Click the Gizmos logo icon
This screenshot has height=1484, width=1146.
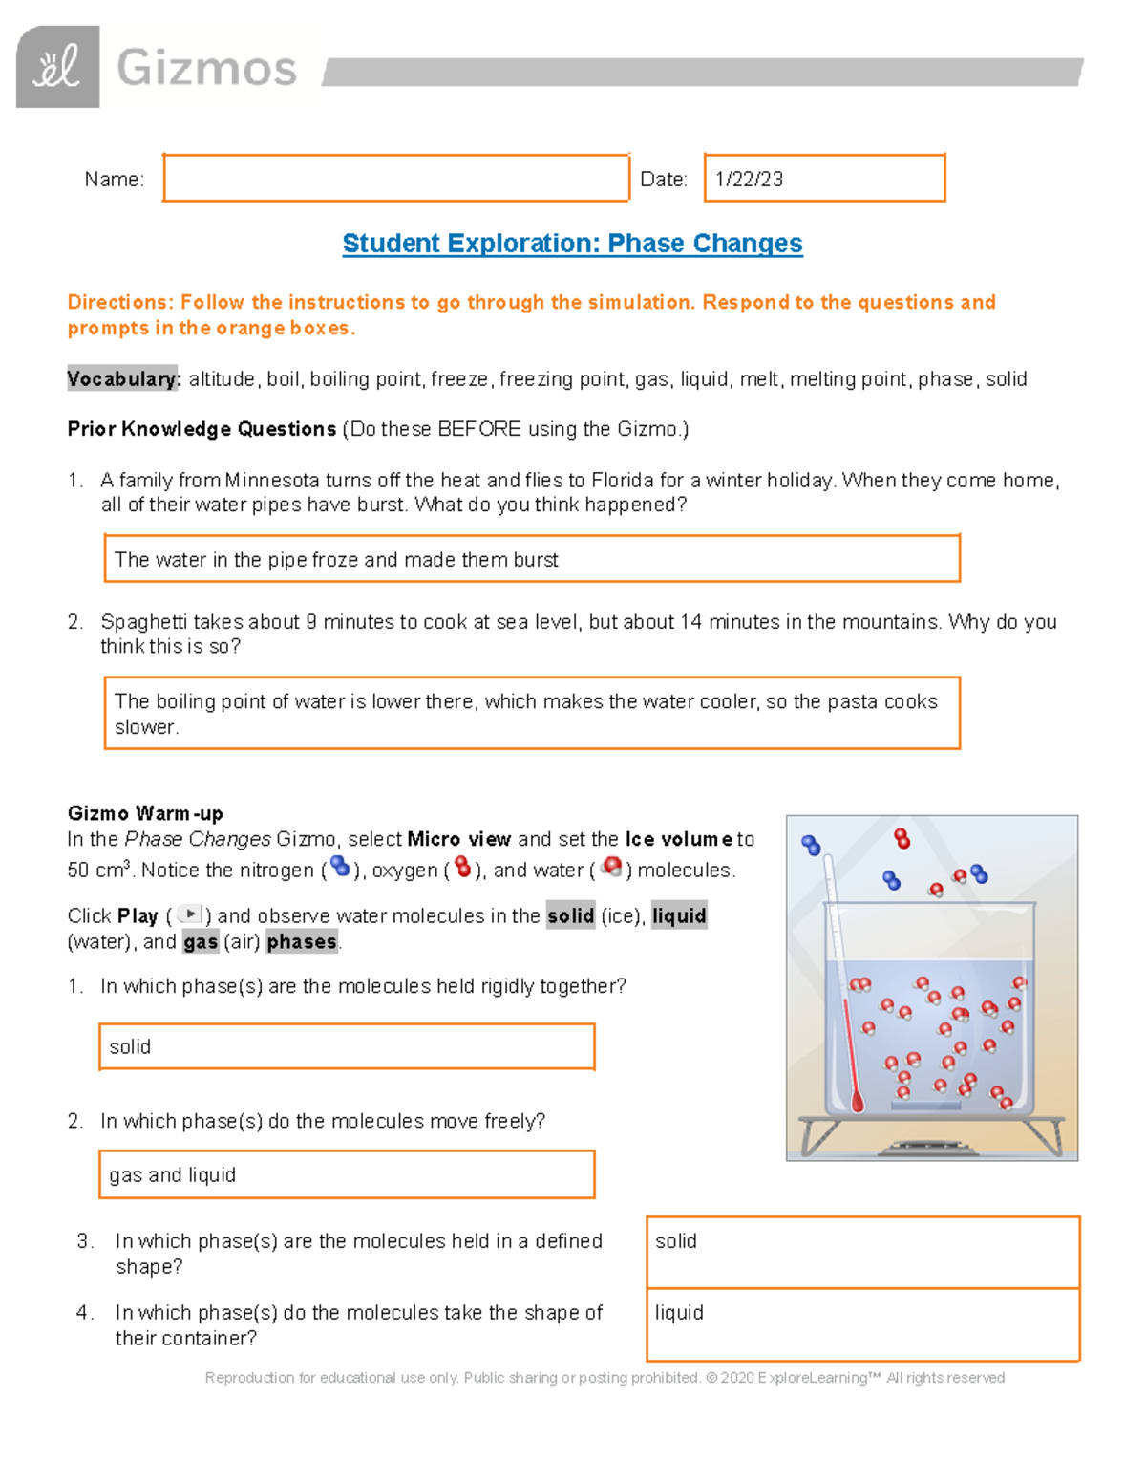57,67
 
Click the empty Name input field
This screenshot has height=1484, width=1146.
395,179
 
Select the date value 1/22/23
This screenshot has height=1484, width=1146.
750,180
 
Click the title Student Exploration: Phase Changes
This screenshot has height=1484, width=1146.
572,244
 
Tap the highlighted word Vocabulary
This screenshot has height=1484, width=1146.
123,379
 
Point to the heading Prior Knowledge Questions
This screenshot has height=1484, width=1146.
202,429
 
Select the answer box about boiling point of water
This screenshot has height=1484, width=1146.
531,714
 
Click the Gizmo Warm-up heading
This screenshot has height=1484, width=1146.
145,814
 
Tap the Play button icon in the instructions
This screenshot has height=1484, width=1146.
190,914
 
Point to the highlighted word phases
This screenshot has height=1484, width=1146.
302,942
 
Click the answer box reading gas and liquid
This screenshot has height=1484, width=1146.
347,1174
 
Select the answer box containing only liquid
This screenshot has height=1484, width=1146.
862,1324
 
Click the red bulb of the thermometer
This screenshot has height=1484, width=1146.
857,1102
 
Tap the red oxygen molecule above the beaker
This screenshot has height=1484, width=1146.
902,839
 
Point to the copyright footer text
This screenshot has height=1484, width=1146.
605,1378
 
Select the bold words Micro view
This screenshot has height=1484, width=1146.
459,840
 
